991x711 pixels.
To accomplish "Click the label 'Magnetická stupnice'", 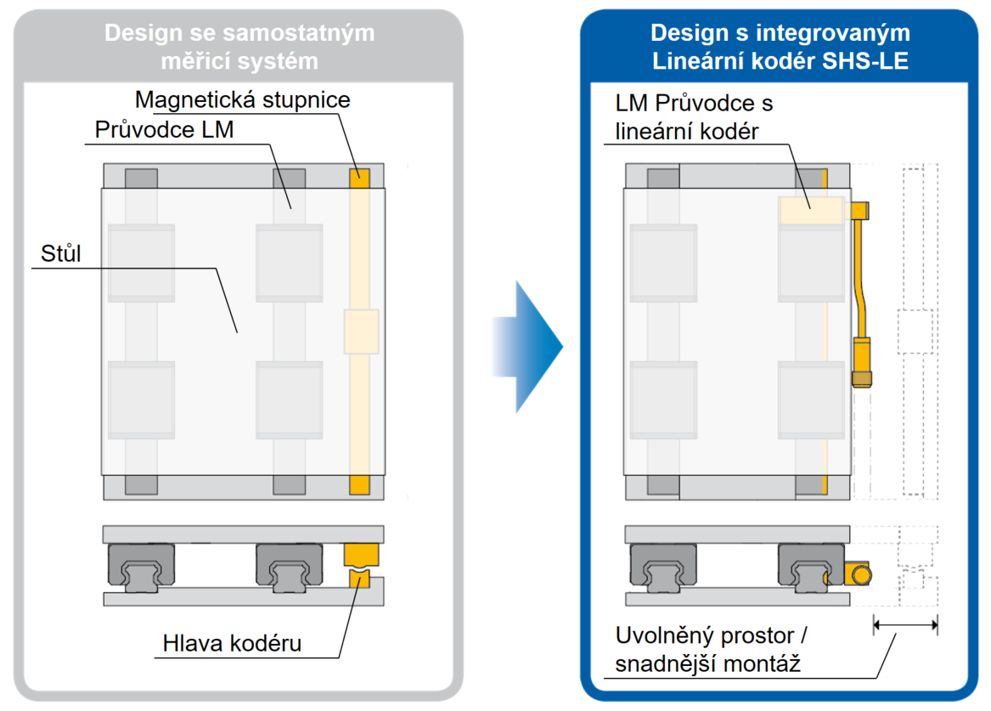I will [243, 99].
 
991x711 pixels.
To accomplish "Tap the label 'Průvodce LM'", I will [164, 131].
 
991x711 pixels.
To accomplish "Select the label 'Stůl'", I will [60, 253].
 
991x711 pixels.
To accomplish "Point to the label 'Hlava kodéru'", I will [232, 644].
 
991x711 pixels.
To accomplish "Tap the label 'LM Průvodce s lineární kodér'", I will [693, 117].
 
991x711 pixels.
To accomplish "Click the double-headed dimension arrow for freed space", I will [904, 626].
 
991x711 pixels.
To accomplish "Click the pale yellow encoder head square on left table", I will [361, 331].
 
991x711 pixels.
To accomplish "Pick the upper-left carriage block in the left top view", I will [141, 262].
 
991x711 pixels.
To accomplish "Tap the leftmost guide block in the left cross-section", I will [141, 565].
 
